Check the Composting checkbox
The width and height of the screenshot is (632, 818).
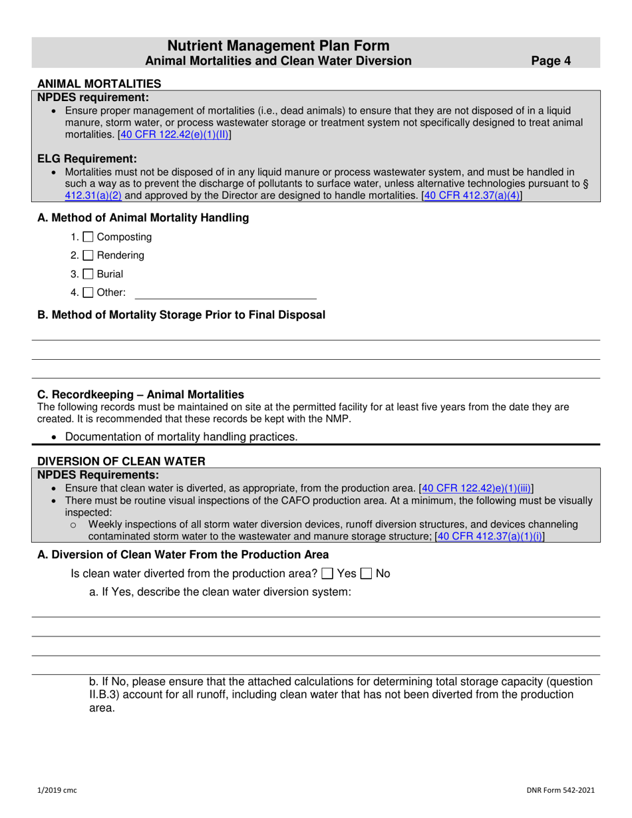(x=88, y=237)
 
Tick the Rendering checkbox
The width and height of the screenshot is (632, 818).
(x=88, y=255)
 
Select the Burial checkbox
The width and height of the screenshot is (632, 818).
(x=88, y=274)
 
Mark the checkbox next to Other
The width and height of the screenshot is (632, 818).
(x=88, y=292)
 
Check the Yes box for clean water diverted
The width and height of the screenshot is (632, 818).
(x=328, y=574)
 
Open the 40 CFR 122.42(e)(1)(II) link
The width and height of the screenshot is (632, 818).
(x=174, y=134)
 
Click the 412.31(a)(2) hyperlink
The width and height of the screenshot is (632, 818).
(x=93, y=196)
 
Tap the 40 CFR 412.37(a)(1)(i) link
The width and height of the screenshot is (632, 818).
(x=489, y=537)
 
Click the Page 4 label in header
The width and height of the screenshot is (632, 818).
(x=551, y=61)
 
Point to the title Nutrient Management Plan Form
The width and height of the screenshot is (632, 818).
(x=278, y=46)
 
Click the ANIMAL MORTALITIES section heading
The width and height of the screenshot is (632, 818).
(x=99, y=84)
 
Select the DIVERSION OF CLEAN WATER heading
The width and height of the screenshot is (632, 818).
(x=122, y=461)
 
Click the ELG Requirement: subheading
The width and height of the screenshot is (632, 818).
(x=87, y=158)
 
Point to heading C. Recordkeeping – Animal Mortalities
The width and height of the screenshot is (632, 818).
(x=140, y=394)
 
